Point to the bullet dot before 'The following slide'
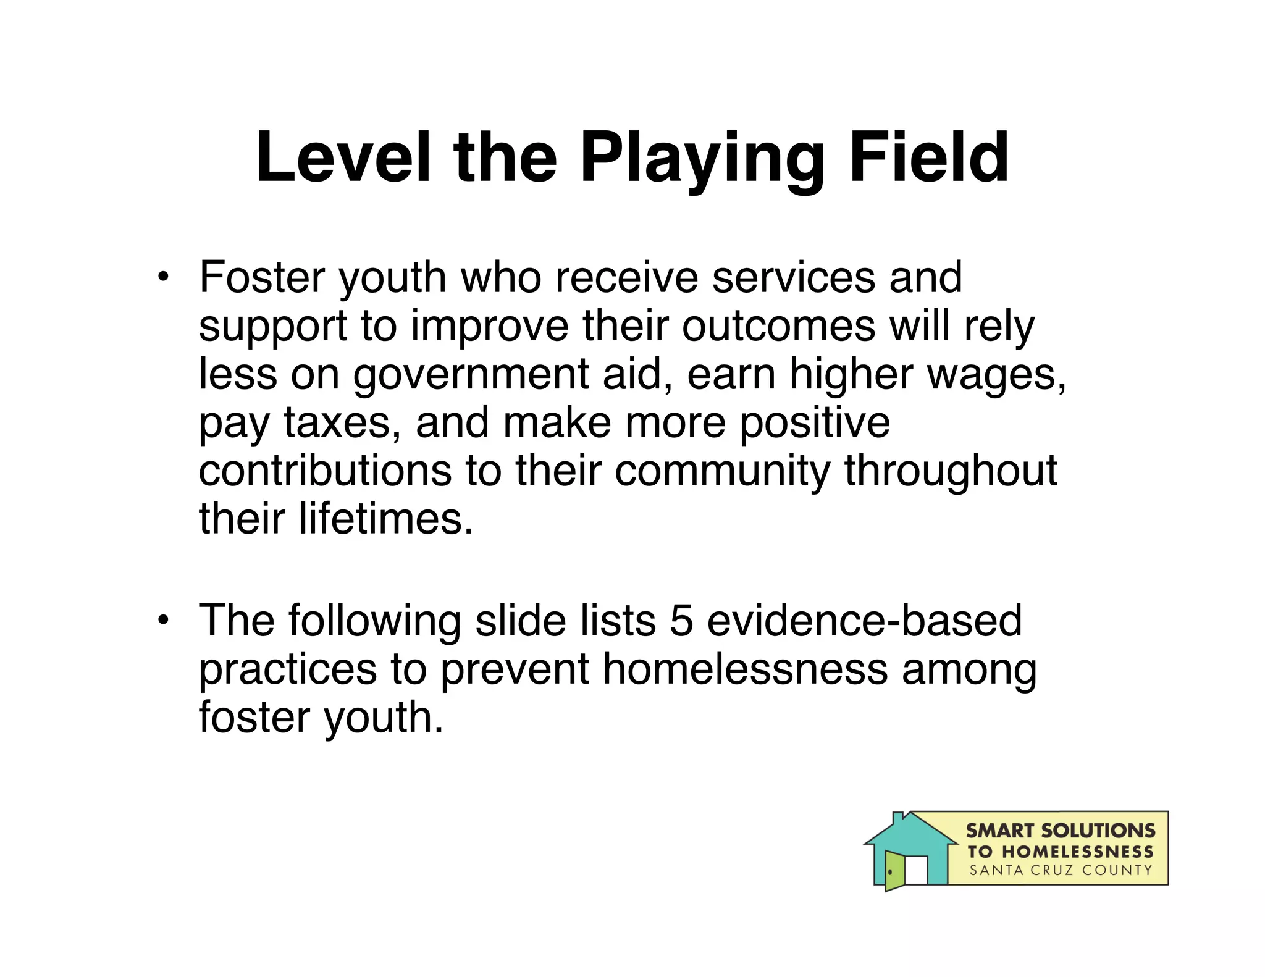pos(162,619)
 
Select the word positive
pos(815,423)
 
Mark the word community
pos(722,472)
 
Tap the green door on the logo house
pos(894,871)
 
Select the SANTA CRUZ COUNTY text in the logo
pos(1061,871)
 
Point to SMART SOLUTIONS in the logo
pos(1061,831)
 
